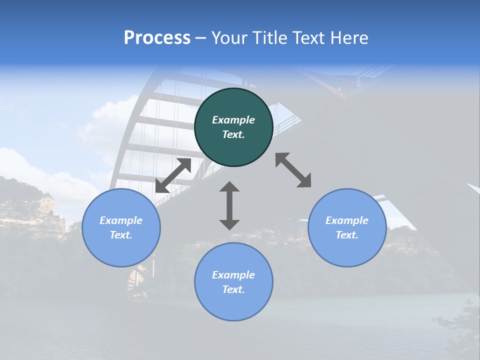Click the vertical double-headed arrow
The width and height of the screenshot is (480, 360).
(x=229, y=205)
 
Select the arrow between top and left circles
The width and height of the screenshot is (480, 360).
(x=173, y=175)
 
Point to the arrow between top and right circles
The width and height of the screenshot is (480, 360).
(x=293, y=170)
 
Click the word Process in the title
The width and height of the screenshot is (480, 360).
(x=157, y=37)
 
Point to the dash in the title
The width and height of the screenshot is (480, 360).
(x=201, y=38)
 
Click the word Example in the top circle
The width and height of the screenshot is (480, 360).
(x=233, y=120)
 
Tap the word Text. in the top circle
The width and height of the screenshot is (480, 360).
(x=233, y=134)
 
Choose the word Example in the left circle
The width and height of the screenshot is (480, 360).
(x=121, y=220)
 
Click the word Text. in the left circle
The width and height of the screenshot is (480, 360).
(x=121, y=235)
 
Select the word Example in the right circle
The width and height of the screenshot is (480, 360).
(x=347, y=220)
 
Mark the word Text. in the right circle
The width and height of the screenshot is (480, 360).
(x=347, y=235)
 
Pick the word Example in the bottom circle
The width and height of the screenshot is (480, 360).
(x=233, y=275)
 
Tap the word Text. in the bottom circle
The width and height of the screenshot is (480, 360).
(x=233, y=289)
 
